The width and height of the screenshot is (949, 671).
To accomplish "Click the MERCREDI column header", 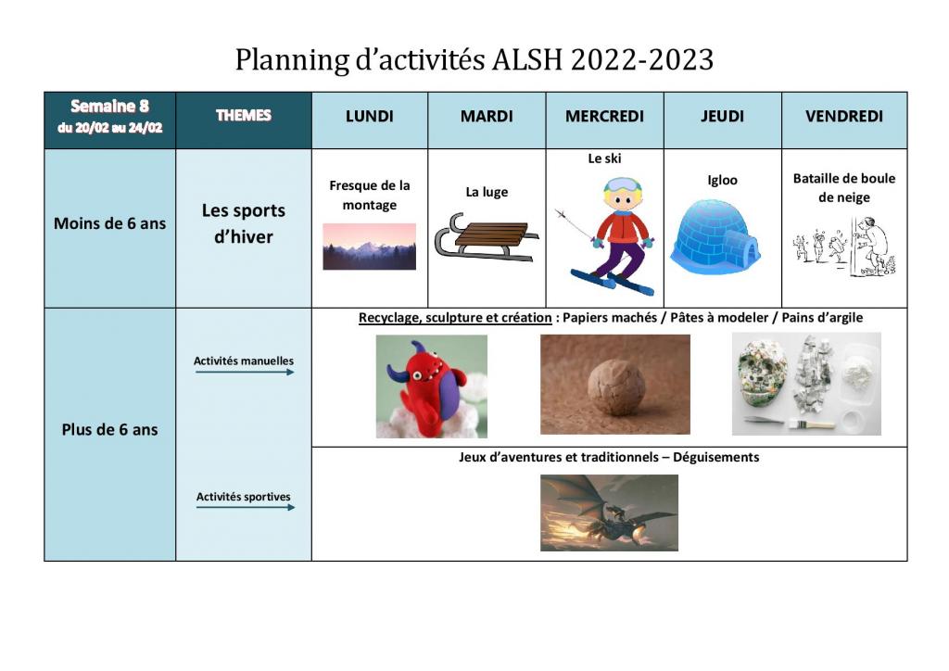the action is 604,116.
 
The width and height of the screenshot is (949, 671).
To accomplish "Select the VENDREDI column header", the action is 843,116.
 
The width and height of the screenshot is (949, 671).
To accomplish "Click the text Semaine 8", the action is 109,106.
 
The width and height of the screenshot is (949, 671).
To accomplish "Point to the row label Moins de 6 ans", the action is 109,223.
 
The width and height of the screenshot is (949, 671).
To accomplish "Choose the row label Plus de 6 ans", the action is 109,430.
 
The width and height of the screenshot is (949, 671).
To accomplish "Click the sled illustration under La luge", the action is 486,237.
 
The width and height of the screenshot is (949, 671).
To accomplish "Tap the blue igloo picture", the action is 715,237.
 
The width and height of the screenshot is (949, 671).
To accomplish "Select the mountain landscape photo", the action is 369,247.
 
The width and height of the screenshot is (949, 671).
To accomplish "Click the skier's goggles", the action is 622,185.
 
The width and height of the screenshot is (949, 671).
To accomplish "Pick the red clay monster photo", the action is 432,386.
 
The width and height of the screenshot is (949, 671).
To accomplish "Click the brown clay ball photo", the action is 615,385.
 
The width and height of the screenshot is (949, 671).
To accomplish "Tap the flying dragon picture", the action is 609,513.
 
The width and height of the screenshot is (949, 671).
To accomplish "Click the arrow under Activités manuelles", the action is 245,372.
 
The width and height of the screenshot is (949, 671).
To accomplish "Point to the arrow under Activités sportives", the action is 245,507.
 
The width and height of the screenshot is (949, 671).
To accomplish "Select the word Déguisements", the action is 716,457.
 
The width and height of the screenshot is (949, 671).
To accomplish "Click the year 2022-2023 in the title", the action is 642,59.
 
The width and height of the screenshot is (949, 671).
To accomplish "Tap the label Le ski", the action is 604,158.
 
